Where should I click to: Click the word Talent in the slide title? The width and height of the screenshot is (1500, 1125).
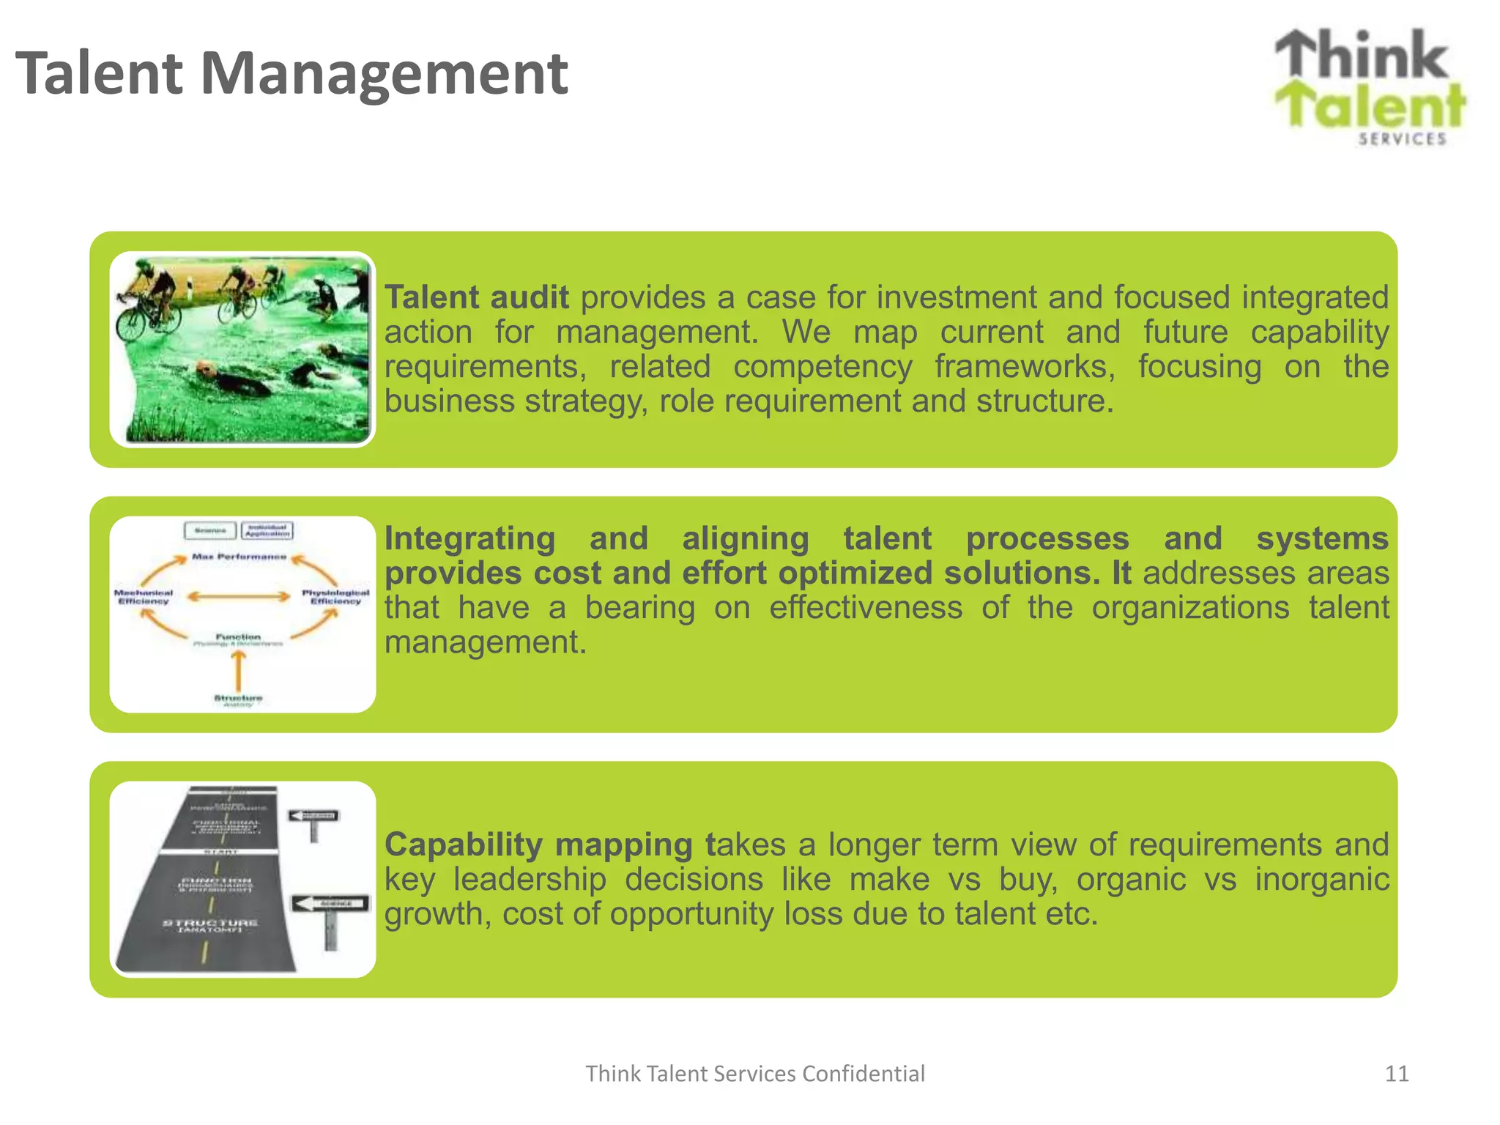[99, 73]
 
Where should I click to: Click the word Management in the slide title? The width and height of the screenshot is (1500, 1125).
[384, 75]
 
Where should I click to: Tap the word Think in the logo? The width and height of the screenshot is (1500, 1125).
[1362, 55]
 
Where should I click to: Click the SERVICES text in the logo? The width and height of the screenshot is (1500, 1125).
[1402, 138]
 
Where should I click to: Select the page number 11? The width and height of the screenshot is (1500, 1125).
[1396, 1074]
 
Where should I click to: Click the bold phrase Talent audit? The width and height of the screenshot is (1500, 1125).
[477, 298]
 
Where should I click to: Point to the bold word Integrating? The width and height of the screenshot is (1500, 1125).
[469, 538]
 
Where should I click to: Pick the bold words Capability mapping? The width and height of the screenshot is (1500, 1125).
[538, 844]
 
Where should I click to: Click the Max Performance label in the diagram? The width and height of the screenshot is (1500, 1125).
[239, 557]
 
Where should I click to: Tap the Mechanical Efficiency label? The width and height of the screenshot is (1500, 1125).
[144, 597]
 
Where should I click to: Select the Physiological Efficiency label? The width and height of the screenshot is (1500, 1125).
[335, 597]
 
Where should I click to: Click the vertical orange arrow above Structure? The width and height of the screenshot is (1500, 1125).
[238, 669]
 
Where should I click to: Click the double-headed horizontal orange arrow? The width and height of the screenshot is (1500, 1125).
[239, 597]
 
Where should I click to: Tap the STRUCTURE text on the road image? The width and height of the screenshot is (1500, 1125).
[210, 923]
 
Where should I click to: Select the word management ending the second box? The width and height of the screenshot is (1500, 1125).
[486, 642]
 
